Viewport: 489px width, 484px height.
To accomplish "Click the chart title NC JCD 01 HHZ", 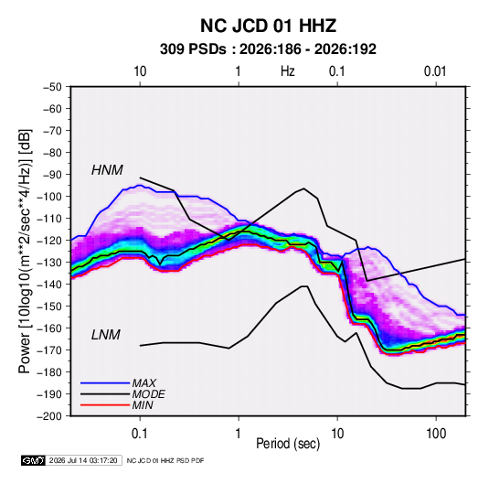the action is click(268, 26).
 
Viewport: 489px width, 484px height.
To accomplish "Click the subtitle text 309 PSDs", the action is click(193, 49).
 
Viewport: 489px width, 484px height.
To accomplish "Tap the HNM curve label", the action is click(107, 170).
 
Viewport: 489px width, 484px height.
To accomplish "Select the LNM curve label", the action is click(106, 335).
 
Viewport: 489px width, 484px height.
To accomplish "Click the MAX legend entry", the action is click(144, 382).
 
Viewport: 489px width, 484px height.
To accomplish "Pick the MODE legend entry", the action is click(148, 394).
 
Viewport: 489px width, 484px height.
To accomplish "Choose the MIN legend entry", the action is click(143, 405).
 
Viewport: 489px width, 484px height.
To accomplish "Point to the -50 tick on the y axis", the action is click(52, 87).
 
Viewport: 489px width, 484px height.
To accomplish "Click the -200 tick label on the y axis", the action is click(49, 416).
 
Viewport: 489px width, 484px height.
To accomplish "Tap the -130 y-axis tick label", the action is click(49, 263).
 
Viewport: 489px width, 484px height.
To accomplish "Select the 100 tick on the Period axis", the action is click(436, 434).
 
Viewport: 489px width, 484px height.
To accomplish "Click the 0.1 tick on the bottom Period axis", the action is click(140, 434).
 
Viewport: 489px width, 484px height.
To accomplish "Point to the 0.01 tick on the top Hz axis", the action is click(435, 71).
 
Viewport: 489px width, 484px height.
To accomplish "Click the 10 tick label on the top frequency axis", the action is click(140, 71).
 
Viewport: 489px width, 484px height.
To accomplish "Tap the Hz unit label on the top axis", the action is click(288, 71).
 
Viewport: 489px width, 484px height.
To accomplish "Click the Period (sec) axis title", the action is click(288, 444).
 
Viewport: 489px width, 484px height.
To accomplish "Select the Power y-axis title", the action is click(25, 251).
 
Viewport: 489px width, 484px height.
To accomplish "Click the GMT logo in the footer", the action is click(34, 460).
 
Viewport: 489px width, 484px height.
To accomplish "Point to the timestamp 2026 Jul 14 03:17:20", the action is click(83, 460).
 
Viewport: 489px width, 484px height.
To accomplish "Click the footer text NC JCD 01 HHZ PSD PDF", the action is click(165, 460).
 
